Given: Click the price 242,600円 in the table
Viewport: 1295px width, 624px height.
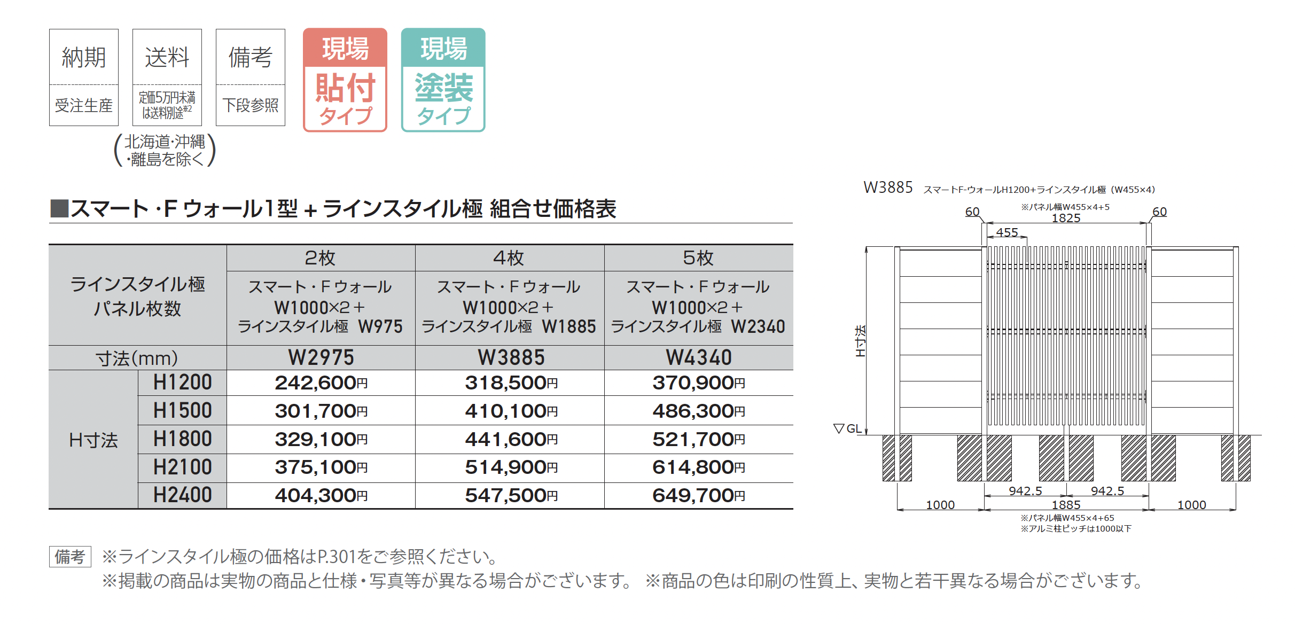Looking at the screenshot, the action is click(x=321, y=383).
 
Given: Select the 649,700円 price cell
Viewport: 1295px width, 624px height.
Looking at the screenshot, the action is click(x=698, y=496).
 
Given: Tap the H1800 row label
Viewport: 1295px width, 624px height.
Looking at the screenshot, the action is click(x=182, y=439).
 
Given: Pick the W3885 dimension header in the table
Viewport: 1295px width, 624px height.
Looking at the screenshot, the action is click(x=511, y=357).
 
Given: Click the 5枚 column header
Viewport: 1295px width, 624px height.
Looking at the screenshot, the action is click(x=698, y=258).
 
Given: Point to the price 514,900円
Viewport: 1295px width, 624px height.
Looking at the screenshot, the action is click(x=511, y=467).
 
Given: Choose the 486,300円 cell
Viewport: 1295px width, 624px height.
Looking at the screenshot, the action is click(x=698, y=411).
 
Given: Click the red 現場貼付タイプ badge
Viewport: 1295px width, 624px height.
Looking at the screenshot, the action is click(x=345, y=80).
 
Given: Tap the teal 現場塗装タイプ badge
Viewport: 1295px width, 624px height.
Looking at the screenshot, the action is click(x=443, y=80).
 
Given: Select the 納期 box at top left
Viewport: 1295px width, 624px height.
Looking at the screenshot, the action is click(x=84, y=77).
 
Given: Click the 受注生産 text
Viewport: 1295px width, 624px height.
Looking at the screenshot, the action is click(x=84, y=105).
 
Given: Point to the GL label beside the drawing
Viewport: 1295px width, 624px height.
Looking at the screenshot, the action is click(x=854, y=428).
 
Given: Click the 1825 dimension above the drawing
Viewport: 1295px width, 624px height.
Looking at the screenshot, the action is click(x=1066, y=218).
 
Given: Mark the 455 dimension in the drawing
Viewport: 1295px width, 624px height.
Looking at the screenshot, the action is click(x=1007, y=232).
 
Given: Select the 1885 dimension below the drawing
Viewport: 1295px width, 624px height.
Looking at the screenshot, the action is click(x=1066, y=505).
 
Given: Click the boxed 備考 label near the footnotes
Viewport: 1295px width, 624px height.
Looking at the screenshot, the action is click(x=70, y=557).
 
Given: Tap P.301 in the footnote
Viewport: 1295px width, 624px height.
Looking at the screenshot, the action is click(x=337, y=557).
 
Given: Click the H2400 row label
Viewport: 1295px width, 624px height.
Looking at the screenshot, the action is click(x=182, y=495).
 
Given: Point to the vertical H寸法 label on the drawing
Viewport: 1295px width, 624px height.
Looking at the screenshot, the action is click(x=860, y=341).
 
